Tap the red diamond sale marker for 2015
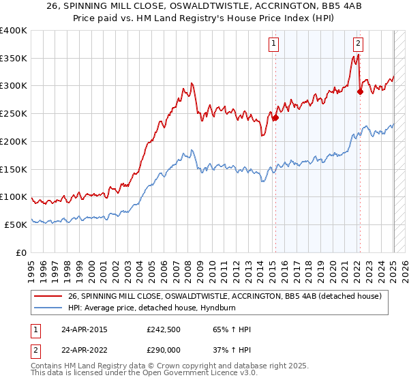[276, 117]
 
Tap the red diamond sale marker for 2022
[360, 91]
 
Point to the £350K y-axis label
[14, 59]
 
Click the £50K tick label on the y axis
[16, 224]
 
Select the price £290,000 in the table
[164, 351]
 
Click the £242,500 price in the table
[164, 329]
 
